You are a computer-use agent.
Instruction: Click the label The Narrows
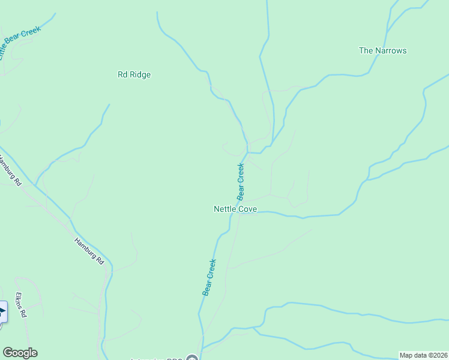coord(382,50)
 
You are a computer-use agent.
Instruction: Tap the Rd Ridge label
coord(134,75)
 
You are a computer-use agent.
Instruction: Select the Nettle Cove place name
coord(235,209)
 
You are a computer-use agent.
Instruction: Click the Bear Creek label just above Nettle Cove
coord(241,181)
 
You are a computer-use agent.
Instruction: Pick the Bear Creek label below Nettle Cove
coord(209,277)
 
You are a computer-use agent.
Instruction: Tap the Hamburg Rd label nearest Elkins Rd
coord(89,251)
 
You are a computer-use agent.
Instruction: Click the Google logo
coord(20,353)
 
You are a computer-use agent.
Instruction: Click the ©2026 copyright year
coord(438,355)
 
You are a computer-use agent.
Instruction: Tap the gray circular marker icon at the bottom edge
coord(192,359)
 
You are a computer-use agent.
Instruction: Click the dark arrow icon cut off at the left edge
coord(2,312)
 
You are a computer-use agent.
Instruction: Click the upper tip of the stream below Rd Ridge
coord(109,104)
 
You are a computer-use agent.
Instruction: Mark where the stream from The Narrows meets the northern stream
coord(273,143)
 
